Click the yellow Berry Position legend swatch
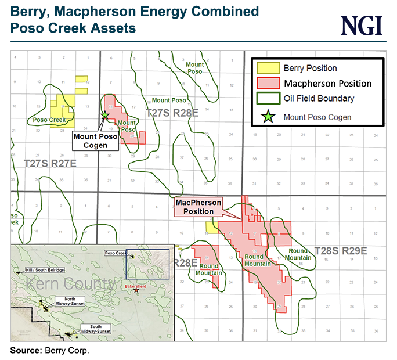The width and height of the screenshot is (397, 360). click(x=268, y=68)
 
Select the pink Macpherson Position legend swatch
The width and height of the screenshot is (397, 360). click(x=268, y=84)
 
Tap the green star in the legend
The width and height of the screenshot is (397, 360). click(x=268, y=117)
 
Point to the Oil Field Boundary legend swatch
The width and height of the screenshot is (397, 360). click(x=268, y=99)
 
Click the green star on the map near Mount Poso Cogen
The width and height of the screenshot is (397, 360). click(x=105, y=115)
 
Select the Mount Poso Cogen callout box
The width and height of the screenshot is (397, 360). click(x=95, y=141)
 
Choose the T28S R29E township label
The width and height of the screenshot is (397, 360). click(x=341, y=251)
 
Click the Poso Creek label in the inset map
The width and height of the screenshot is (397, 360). click(x=116, y=254)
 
